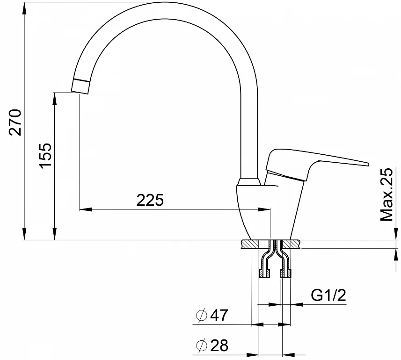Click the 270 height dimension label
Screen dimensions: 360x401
(x=15, y=122)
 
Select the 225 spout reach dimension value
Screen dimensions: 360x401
(x=150, y=200)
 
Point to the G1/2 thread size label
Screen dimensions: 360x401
(x=328, y=295)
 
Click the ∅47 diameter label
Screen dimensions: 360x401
(x=211, y=316)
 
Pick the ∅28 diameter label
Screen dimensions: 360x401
(x=211, y=346)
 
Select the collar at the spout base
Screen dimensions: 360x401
(x=248, y=182)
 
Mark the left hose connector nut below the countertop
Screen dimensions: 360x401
(x=264, y=274)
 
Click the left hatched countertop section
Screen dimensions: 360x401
(x=250, y=244)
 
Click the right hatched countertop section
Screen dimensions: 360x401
(x=293, y=244)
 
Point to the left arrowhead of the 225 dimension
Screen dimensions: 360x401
(x=83, y=209)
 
